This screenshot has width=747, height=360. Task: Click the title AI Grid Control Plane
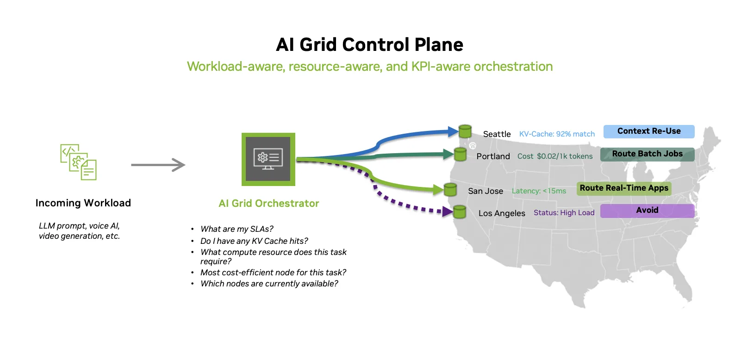tap(369, 45)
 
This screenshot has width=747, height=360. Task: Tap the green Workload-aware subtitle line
tap(369, 67)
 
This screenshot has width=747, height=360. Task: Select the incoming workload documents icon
tap(78, 162)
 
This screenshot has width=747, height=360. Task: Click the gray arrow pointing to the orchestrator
tap(158, 165)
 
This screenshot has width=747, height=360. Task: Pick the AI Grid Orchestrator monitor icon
tap(268, 159)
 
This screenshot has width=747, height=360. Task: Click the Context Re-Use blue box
tap(648, 131)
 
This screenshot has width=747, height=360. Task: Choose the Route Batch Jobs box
tap(647, 154)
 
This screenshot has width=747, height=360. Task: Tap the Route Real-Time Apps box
tap(624, 188)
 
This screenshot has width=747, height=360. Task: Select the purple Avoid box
tap(647, 211)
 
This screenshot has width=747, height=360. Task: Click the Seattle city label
tap(497, 134)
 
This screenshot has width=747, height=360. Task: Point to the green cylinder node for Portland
tap(460, 154)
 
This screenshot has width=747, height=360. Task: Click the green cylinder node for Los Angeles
tap(459, 212)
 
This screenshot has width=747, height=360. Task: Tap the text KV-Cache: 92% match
tap(557, 134)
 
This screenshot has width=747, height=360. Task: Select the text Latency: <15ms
tap(539, 191)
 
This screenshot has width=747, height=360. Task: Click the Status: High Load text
tap(564, 213)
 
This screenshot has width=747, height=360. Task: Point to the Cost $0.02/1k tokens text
tap(555, 156)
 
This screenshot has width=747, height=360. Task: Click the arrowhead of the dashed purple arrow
tap(447, 212)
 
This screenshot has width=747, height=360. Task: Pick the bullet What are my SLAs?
tap(237, 229)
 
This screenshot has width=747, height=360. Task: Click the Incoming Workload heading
tap(83, 203)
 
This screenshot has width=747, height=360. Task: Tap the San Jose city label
tap(485, 191)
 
